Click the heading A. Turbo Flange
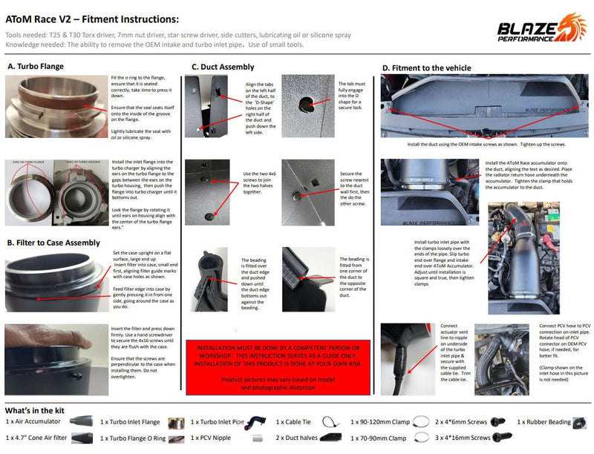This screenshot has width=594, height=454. tap(35, 66)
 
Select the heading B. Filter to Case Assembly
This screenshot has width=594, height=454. tap(53, 242)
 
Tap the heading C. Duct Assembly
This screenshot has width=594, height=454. tap(223, 67)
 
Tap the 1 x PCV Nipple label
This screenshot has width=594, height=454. tap(212, 438)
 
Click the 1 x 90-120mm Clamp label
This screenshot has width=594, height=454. tap(383, 421)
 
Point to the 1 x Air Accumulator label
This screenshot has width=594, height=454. tap(34, 421)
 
